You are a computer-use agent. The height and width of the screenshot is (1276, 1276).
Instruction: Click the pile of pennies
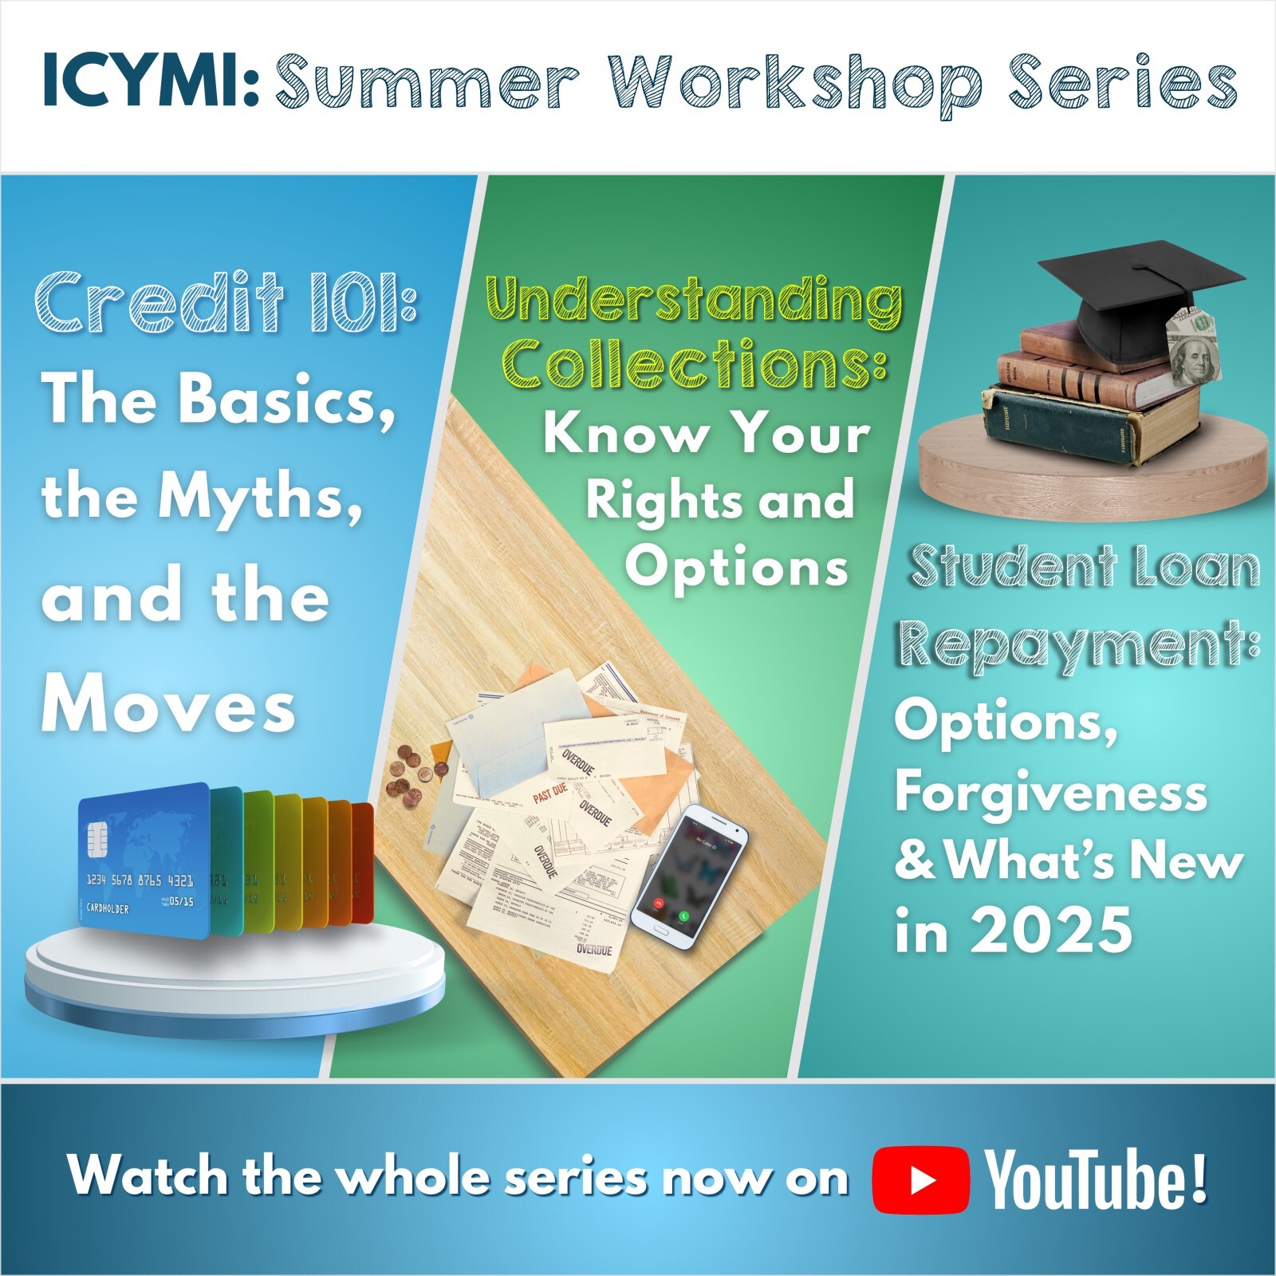pos(415,770)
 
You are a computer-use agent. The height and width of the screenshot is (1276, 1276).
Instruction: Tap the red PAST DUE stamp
pos(549,794)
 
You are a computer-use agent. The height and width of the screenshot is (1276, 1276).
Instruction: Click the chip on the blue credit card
pos(100,838)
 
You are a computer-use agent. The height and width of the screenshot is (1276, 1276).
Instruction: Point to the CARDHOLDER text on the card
pos(108,908)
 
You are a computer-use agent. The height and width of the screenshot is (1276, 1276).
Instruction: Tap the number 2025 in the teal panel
pos(1050,930)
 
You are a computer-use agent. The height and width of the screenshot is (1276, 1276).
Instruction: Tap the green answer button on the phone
pos(684,917)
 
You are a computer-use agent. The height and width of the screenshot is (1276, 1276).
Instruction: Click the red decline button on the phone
pos(659,904)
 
